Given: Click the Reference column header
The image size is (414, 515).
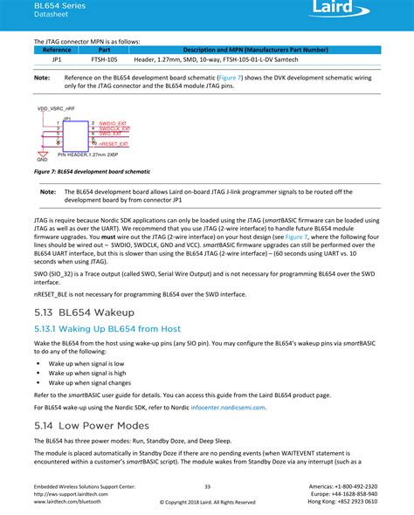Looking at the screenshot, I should (x=57, y=50).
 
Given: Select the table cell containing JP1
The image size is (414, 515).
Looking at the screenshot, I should (x=57, y=60).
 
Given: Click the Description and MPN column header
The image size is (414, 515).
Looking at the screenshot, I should (x=256, y=50).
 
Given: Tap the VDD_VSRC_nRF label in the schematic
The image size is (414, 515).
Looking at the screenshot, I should (x=55, y=107).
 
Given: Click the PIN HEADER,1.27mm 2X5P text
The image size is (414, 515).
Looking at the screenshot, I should (x=87, y=154).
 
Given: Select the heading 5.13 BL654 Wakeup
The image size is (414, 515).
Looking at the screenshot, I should (x=84, y=312).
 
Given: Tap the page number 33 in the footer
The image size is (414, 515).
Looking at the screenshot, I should (x=207, y=485).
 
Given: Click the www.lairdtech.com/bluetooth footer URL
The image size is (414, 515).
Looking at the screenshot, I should (x=67, y=502).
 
